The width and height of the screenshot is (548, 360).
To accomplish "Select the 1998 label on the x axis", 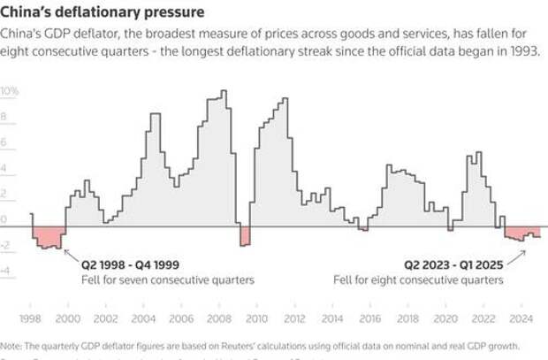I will pos(30,318).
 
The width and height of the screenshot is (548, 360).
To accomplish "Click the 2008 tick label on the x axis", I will pos(218,318).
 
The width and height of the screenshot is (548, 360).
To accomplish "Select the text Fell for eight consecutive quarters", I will pos(418,280).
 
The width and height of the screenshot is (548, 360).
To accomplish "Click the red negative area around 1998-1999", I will pos(49,237).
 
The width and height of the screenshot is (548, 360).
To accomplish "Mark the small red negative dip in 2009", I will pos(245,235).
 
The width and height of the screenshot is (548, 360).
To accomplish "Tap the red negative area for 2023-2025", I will pos(521,234).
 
